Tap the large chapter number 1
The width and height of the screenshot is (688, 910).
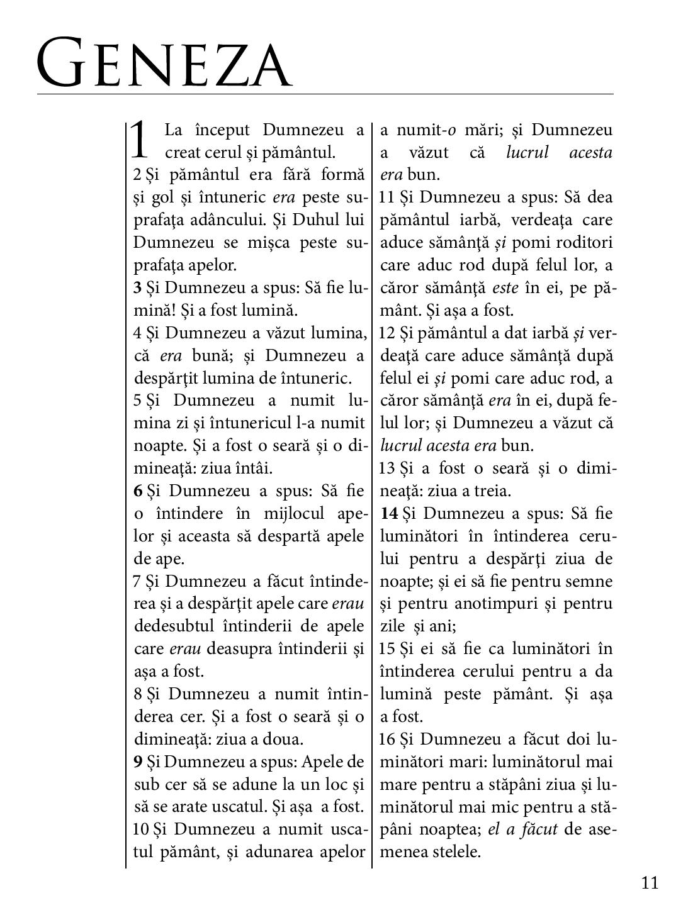click(140, 140)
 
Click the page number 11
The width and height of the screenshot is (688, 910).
click(650, 883)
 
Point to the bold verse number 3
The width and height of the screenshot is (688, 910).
click(137, 288)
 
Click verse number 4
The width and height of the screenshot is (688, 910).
click(137, 333)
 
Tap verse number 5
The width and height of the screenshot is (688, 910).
click(137, 401)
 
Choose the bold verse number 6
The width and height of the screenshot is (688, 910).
click(138, 491)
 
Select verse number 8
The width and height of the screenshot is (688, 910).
click(137, 694)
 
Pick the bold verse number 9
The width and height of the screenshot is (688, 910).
click(138, 762)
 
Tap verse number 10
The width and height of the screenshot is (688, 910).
click(140, 829)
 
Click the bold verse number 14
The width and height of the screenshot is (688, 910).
click(389, 513)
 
